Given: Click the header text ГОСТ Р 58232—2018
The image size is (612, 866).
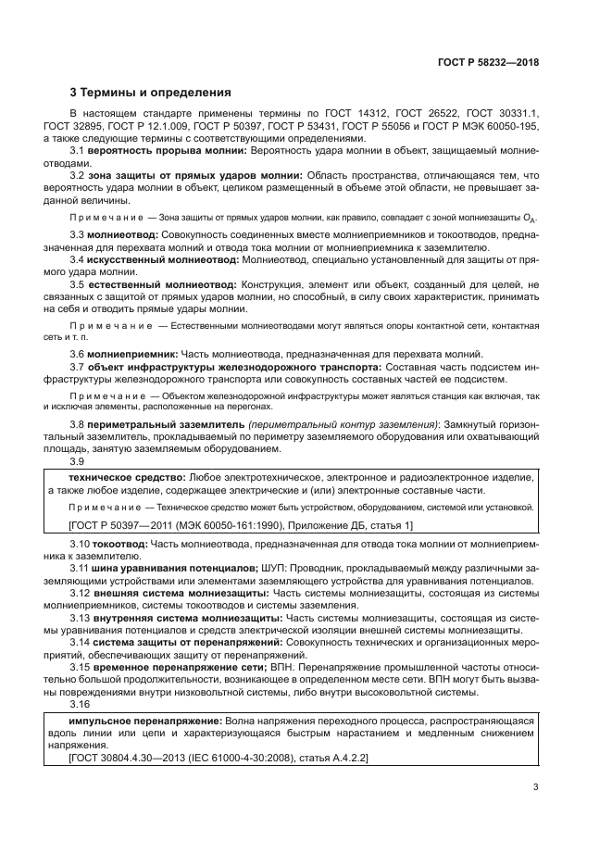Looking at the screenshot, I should click(490, 64).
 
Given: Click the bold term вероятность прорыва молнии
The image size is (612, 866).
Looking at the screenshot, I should click(168, 150).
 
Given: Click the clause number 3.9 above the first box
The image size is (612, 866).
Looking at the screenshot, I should click(78, 462).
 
